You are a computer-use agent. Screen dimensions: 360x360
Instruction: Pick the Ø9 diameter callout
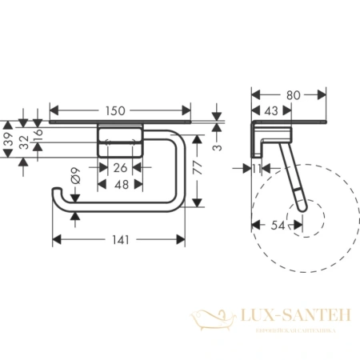[74, 178]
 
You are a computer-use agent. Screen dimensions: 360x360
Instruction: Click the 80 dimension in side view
[294, 95]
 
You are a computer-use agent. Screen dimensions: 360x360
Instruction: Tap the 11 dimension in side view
[255, 169]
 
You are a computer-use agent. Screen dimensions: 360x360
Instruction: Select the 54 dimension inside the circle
[278, 227]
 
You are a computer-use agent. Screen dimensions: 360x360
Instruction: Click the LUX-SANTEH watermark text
[287, 318]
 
